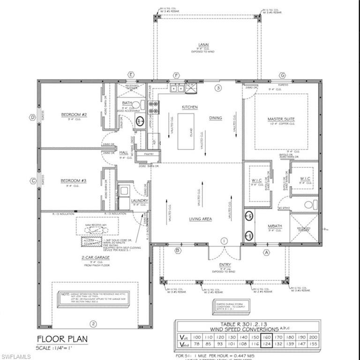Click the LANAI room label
coord(202,45)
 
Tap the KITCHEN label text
coord(190,107)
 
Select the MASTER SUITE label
coord(281,120)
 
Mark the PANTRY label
coord(149,153)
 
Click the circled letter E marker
coord(132,75)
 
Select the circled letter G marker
coord(282,75)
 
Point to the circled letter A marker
coord(268,252)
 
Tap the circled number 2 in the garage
coord(93,324)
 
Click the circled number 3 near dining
coord(217,88)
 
